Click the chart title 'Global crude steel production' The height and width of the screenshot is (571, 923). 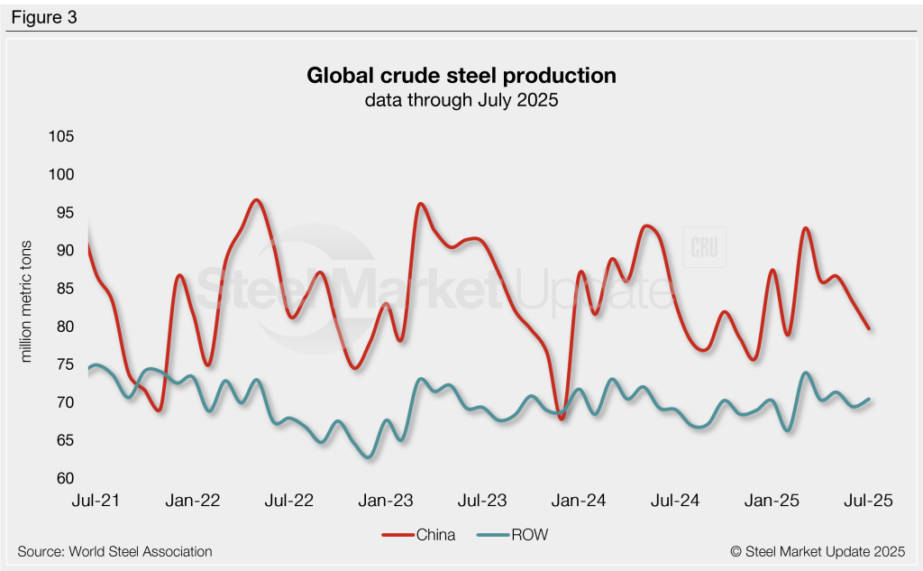[x=461, y=75]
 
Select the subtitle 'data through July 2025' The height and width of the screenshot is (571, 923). [x=461, y=100]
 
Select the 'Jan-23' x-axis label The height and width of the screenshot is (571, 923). [x=388, y=502]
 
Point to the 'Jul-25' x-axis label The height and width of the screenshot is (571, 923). [x=869, y=502]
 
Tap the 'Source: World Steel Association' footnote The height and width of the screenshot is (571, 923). [x=114, y=551]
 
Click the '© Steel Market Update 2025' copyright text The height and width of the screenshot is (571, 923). [x=818, y=551]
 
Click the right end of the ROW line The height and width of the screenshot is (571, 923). [x=869, y=399]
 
